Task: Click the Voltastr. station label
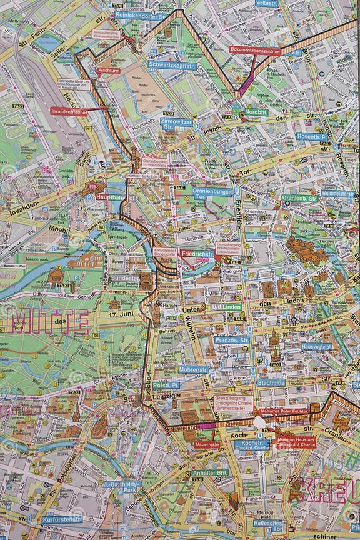pyautogui.click(x=266, y=3)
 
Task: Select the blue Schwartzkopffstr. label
pyautogui.click(x=172, y=65)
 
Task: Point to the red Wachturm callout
pyautogui.click(x=109, y=71)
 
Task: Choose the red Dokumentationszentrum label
pyautogui.click(x=255, y=50)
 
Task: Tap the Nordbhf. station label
pyautogui.click(x=256, y=112)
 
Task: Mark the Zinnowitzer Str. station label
pyautogui.click(x=176, y=122)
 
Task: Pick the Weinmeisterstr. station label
pyautogui.click(x=337, y=194)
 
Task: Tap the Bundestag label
pyautogui.click(x=126, y=277)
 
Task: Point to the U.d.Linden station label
pyautogui.click(x=226, y=306)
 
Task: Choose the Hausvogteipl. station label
pyautogui.click(x=316, y=346)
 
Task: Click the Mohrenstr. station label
pyautogui.click(x=193, y=369)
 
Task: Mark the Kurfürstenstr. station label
pyautogui.click(x=62, y=519)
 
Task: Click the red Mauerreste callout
pyautogui.click(x=206, y=444)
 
